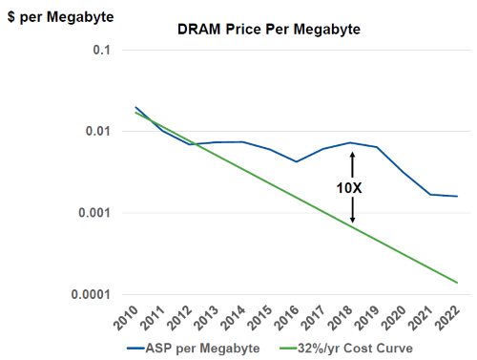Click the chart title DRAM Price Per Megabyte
click(x=269, y=30)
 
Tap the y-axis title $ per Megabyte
click(x=60, y=17)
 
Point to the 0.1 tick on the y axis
click(x=101, y=50)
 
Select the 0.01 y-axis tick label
click(x=98, y=131)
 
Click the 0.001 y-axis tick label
click(x=94, y=213)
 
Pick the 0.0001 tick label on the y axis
click(x=91, y=294)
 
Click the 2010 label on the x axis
click(x=126, y=318)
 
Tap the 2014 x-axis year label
click(x=233, y=318)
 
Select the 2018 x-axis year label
click(x=341, y=318)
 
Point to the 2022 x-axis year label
click(x=447, y=318)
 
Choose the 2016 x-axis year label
click(x=287, y=318)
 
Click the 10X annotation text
click(x=349, y=188)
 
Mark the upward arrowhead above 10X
click(x=352, y=154)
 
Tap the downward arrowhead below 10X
click(x=352, y=221)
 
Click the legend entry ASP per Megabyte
click(x=194, y=349)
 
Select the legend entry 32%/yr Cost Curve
click(x=346, y=349)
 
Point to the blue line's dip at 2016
click(x=297, y=161)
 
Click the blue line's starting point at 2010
click(x=135, y=107)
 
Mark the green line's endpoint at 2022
click(x=457, y=283)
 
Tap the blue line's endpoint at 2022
click(x=457, y=197)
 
